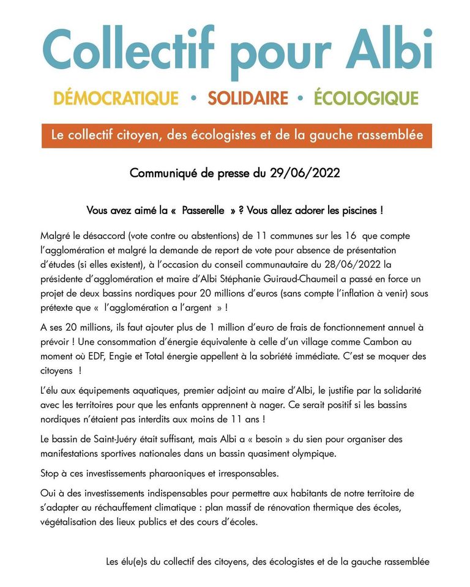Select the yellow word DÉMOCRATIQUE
116,98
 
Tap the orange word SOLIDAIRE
248,98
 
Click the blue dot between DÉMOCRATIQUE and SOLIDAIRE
193,98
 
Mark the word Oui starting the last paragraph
48,493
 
